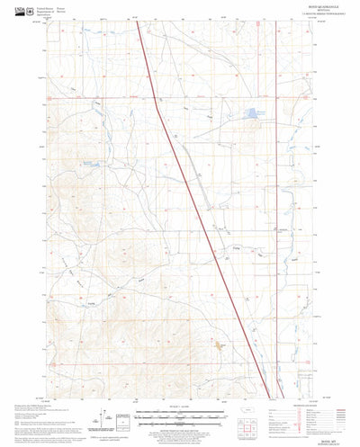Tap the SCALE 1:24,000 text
[179, 413]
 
